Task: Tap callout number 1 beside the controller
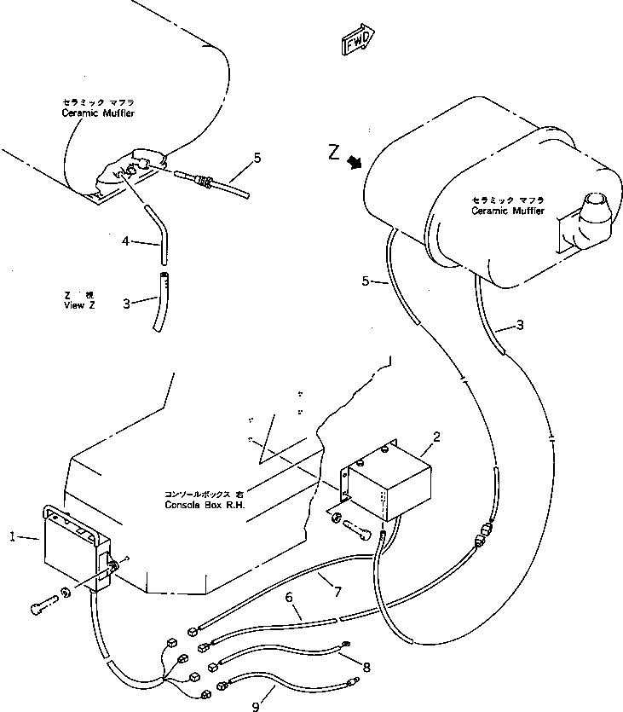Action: [x=12, y=537]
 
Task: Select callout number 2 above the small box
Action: [x=436, y=437]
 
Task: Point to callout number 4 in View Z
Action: [x=124, y=242]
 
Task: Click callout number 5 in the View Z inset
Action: [x=257, y=157]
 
